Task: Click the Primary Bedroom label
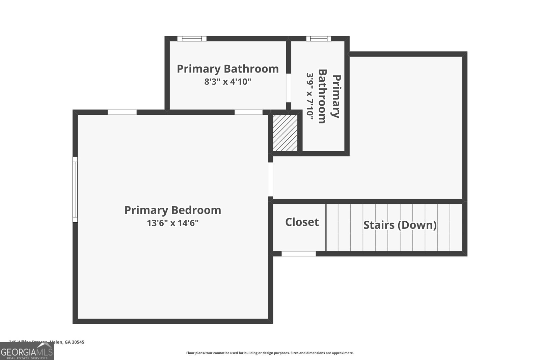172,210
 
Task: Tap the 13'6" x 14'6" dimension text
172,223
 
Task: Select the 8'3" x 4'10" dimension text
227,82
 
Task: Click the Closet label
302,222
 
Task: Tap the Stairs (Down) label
400,225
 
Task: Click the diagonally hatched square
285,133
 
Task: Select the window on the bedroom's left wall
75,190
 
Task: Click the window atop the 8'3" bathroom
192,38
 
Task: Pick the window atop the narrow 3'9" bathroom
319,38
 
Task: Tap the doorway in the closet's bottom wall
299,254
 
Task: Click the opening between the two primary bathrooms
289,88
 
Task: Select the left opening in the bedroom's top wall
122,112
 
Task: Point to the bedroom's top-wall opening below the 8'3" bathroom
248,112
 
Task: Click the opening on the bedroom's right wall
270,179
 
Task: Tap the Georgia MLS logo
27,351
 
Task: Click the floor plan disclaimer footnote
270,353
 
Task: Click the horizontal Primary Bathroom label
227,69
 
